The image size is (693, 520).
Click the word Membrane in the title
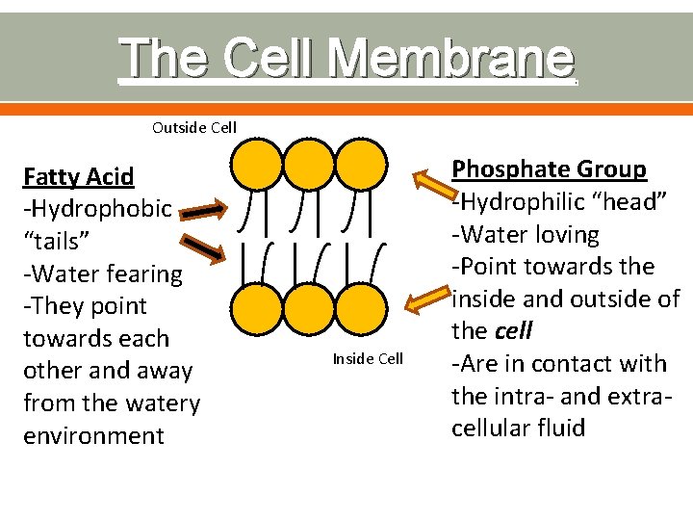pos(450,58)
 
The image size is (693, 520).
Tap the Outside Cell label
pos(194,127)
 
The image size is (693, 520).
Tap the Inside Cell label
pos(368,359)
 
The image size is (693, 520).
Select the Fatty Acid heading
pos(79,176)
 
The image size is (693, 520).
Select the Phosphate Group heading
pos(549,169)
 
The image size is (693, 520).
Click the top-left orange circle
pos(255,166)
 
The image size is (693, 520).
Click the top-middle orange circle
pos(308,166)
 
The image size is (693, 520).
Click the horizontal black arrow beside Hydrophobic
pos(202,208)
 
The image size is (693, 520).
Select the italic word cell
pos(512,331)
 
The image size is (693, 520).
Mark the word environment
pos(93,435)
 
